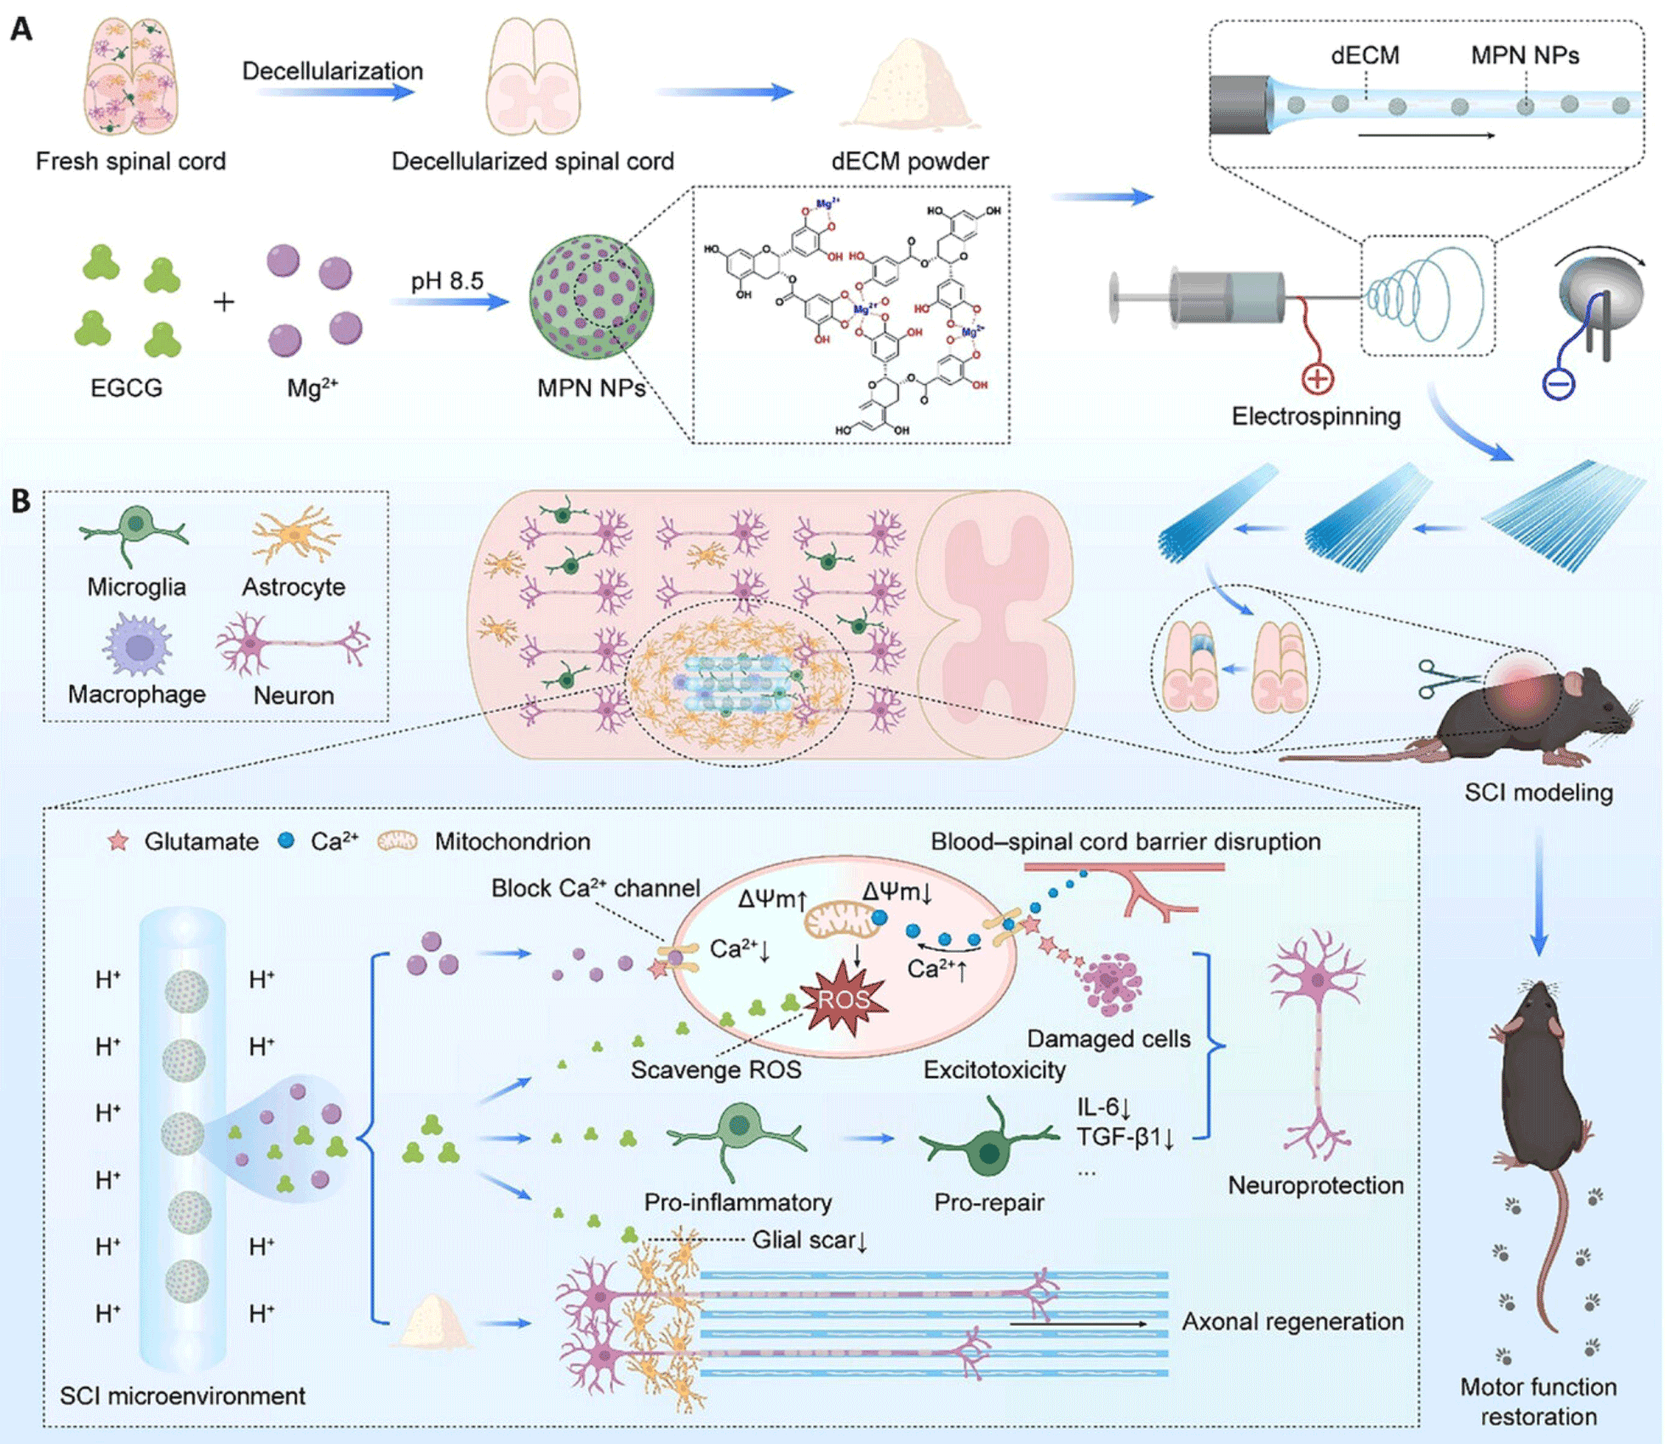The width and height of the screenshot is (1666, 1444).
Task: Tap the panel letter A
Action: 21,30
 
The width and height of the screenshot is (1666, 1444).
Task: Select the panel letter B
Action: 21,501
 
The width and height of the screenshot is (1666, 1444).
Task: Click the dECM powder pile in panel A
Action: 909,85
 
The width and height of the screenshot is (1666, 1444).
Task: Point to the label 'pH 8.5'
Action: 447,281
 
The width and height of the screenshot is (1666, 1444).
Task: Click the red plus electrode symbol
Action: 1317,379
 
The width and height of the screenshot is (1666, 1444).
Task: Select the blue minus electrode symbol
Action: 1558,384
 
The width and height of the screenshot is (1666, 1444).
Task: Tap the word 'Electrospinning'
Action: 1315,416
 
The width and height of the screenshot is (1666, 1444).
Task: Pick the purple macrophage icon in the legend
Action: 137,645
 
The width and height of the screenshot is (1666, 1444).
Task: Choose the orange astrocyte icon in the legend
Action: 295,535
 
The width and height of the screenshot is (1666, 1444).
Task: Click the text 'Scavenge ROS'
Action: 715,1070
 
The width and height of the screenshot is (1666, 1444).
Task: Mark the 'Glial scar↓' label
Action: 809,1240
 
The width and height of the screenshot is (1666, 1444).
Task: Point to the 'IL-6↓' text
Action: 1103,1108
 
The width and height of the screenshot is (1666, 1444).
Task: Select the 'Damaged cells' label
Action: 1108,1039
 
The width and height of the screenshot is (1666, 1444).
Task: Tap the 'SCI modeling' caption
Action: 1538,793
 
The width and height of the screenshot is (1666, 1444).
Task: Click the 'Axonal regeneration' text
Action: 1292,1321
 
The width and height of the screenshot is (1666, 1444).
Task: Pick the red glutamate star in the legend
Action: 118,841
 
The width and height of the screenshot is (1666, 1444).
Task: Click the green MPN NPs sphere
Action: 591,297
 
